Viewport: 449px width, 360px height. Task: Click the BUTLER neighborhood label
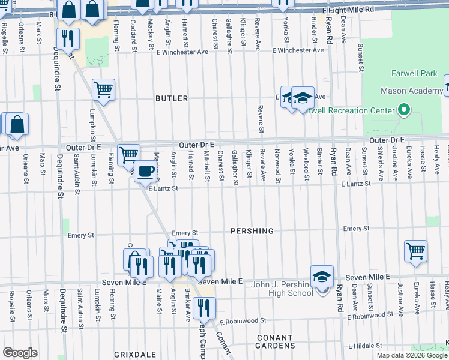172,98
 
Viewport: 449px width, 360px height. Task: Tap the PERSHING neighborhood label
252,231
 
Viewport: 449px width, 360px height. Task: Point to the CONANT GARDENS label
276,341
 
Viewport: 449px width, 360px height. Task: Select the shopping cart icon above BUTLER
103,90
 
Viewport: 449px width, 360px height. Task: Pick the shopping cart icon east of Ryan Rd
415,250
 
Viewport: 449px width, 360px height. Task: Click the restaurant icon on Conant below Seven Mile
205,307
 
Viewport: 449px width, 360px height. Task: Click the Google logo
20,353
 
